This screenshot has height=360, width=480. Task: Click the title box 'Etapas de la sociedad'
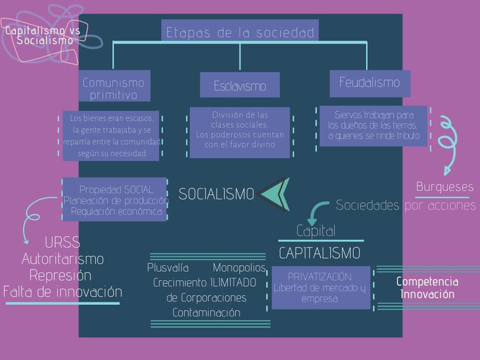240,32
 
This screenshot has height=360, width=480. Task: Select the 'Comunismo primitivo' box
114,88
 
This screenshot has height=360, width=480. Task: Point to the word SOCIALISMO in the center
217,194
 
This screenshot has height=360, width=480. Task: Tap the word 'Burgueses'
445,187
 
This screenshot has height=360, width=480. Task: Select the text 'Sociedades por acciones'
406,205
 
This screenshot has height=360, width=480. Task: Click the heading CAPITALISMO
320,252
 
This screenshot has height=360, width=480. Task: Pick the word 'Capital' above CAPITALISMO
316,231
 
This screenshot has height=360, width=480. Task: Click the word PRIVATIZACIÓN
319,277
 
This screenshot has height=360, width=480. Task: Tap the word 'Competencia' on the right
427,281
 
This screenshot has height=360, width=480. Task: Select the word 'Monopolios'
239,268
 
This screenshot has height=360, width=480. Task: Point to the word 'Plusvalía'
168,268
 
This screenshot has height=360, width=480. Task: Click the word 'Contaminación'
206,313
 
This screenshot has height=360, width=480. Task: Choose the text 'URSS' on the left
62,243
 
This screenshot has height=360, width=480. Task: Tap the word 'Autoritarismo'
62,259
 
